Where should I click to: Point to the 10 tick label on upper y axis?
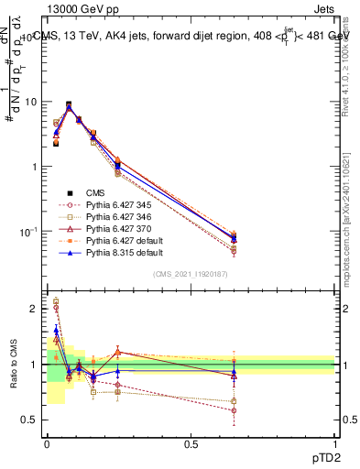click(x=31, y=102)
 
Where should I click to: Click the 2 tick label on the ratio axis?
click(x=35, y=310)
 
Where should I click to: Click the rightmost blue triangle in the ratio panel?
click(x=234, y=372)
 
